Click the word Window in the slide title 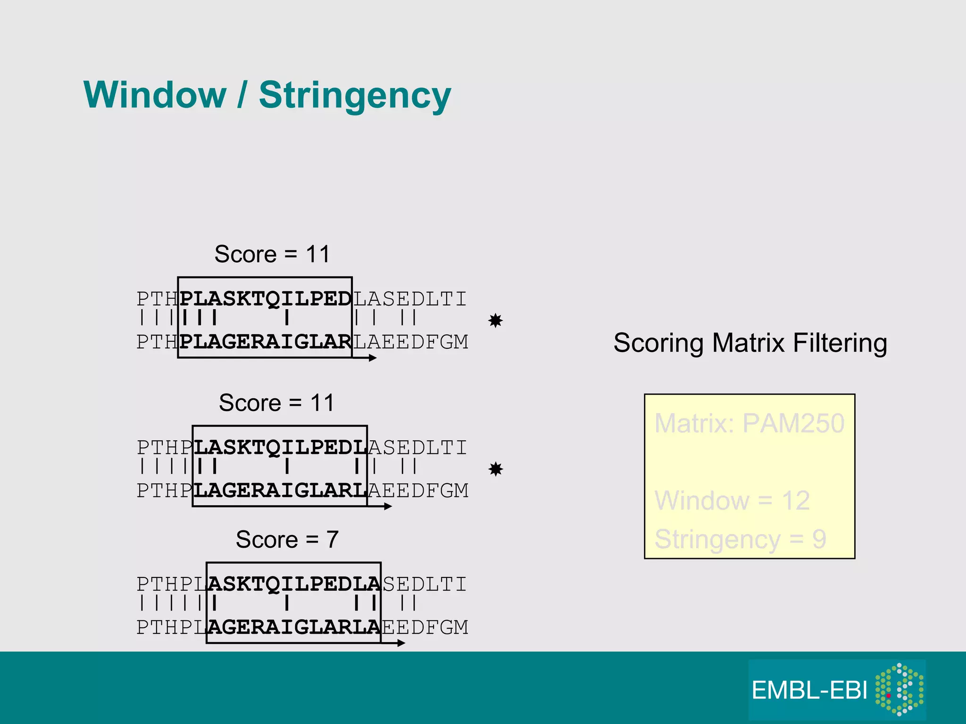(x=155, y=95)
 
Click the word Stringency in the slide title (x=355, y=96)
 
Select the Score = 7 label (x=287, y=539)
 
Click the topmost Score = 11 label (x=272, y=254)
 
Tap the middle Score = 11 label (x=276, y=403)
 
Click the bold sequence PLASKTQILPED (x=266, y=299)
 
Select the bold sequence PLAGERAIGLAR (x=266, y=342)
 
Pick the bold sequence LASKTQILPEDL (x=280, y=447)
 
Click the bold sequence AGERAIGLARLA (x=294, y=627)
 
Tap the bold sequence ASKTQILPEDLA (x=294, y=584)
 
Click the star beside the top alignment (x=495, y=321)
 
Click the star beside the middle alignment (x=496, y=469)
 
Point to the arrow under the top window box (x=365, y=358)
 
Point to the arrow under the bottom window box (x=394, y=643)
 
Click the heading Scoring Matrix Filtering (x=750, y=343)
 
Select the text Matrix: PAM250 (x=749, y=423)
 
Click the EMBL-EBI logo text (x=809, y=691)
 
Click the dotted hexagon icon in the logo (x=899, y=689)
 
